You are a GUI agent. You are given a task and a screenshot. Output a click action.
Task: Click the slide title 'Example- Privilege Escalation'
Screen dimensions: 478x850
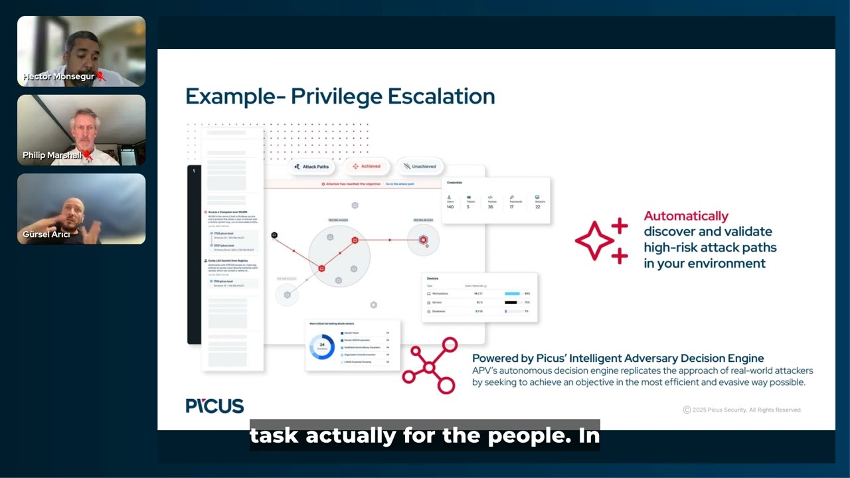(x=340, y=96)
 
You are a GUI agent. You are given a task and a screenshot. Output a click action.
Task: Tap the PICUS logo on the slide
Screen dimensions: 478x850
(x=214, y=406)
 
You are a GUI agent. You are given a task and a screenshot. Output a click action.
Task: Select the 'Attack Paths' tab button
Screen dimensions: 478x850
(x=311, y=167)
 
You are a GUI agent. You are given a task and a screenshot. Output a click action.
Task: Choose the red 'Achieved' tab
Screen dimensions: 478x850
(x=367, y=167)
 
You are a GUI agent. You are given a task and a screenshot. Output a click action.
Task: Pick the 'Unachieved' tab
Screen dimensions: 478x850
(x=420, y=167)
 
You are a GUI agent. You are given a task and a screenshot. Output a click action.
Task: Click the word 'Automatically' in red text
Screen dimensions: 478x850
(x=686, y=216)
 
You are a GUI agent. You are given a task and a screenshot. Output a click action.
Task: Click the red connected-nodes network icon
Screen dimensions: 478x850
(x=430, y=366)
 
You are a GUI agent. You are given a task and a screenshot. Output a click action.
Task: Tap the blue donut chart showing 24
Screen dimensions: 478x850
(x=322, y=347)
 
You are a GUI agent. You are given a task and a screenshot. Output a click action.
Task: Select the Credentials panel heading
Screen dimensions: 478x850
(x=455, y=182)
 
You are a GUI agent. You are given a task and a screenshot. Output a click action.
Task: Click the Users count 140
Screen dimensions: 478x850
(x=450, y=207)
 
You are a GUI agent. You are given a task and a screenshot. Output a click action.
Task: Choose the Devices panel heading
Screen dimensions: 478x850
(x=432, y=278)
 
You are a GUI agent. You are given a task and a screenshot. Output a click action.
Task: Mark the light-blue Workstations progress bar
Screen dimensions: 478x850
(x=512, y=293)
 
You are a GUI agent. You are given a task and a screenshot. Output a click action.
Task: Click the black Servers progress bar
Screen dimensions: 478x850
(x=511, y=302)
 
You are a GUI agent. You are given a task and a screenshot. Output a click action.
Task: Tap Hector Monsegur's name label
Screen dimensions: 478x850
(x=58, y=76)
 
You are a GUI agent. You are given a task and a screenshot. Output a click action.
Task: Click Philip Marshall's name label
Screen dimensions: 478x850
(x=52, y=155)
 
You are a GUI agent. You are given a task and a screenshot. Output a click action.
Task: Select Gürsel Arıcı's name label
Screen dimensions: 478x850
(x=46, y=234)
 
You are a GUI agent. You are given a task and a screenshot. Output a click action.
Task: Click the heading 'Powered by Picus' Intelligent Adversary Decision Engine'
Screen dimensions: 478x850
(x=618, y=358)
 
